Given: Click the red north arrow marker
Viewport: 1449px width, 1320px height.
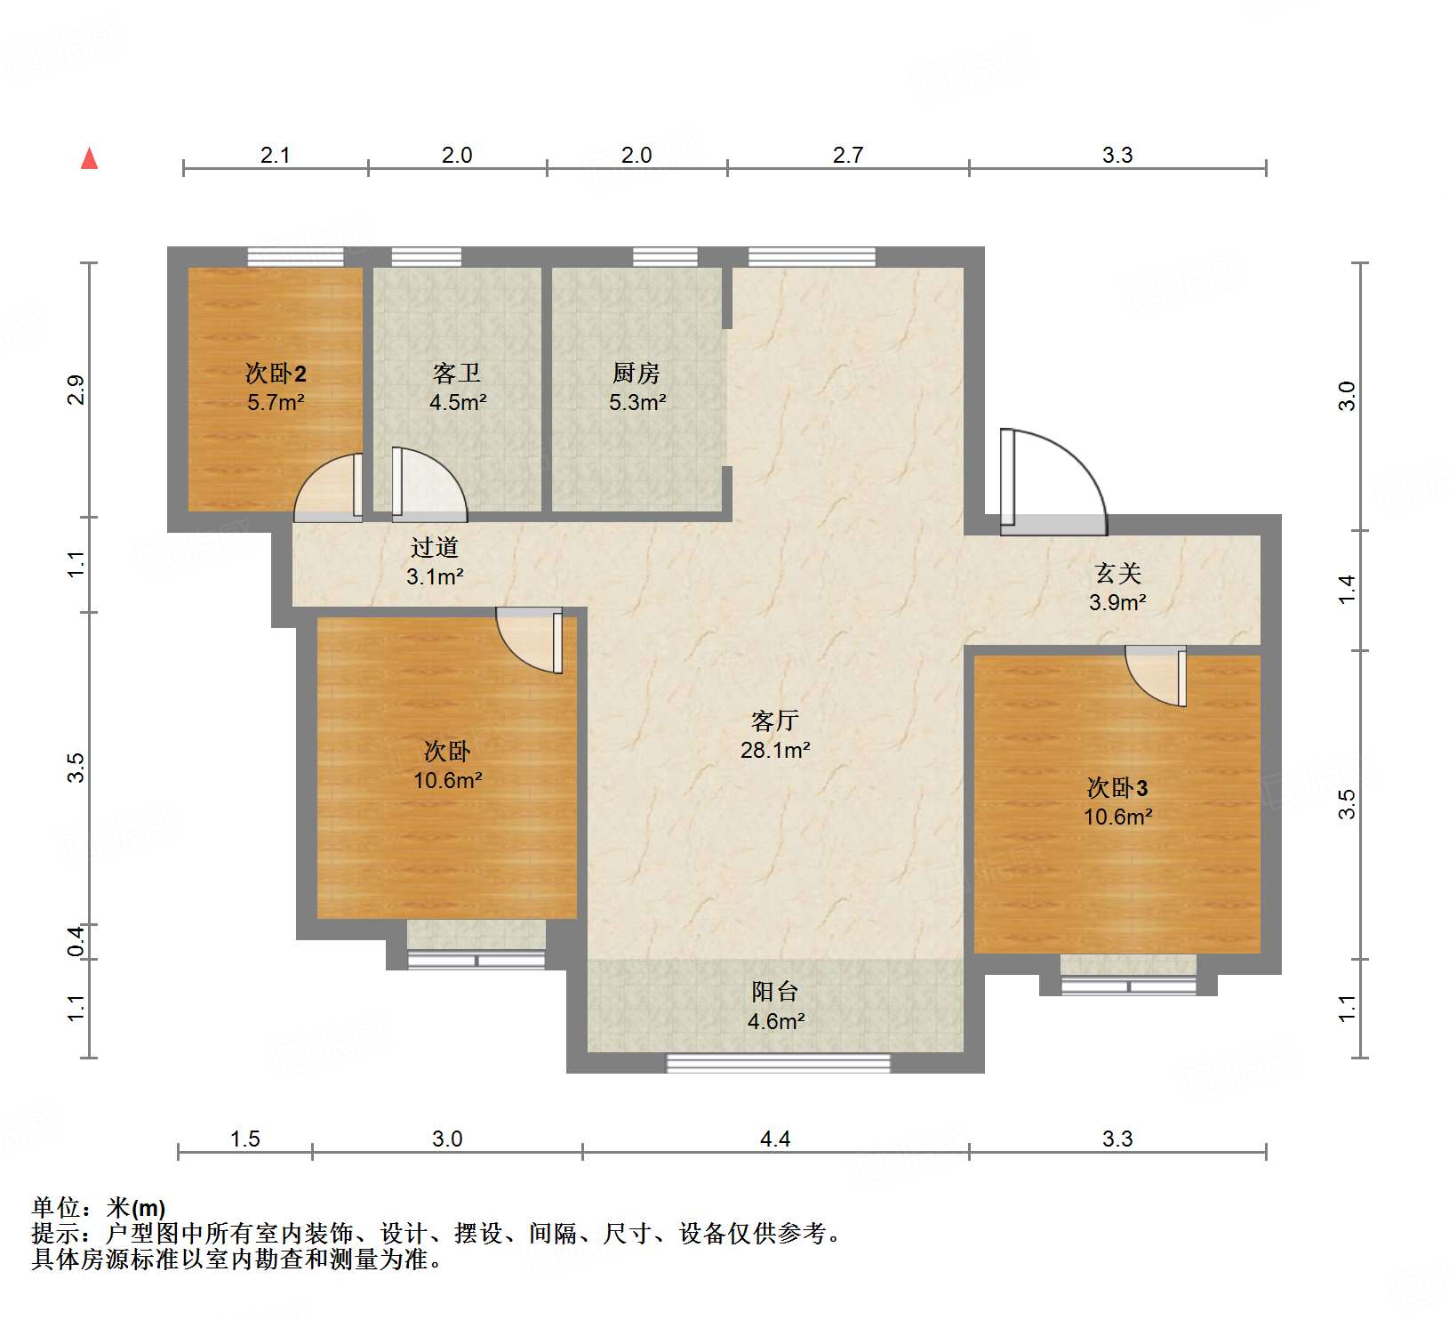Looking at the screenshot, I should (89, 159).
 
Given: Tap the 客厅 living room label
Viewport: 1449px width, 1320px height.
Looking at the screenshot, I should (774, 720).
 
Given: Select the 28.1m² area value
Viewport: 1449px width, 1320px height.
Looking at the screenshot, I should (774, 751).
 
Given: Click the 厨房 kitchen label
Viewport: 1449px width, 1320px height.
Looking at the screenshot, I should (636, 374).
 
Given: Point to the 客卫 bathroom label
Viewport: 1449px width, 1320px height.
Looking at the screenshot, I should (457, 374).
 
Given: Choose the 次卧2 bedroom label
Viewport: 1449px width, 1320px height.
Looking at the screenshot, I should (276, 374).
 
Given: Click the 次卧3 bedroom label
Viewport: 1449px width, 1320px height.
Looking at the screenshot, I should (1117, 788).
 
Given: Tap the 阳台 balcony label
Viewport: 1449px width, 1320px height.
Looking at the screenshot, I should (774, 992).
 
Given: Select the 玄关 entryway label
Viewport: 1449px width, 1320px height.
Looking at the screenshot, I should (1117, 574).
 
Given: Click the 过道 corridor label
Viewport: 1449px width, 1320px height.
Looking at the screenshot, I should (435, 548).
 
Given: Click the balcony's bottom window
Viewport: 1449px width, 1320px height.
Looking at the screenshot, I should (778, 1064).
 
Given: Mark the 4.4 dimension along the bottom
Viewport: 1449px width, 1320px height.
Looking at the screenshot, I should (774, 1139).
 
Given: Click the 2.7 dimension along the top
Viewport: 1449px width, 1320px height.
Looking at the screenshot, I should (847, 156).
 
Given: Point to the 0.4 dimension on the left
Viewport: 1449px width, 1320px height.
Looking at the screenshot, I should (76, 941).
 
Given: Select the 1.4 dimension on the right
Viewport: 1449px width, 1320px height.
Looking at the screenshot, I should (1348, 590).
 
